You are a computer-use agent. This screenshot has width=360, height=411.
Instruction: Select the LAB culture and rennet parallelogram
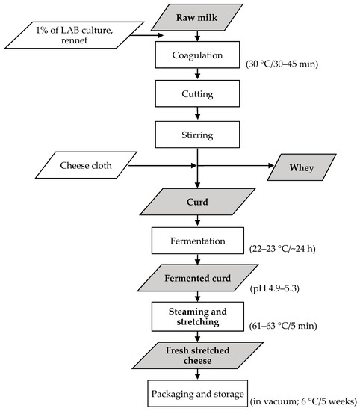point(75,34)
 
